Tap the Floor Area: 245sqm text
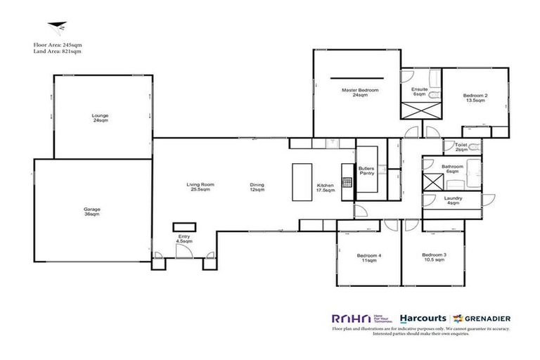(57, 44)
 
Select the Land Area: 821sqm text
(57, 51)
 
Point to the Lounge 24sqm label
(100, 117)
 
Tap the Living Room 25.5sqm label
(200, 187)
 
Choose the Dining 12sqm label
(257, 187)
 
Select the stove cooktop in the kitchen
(347, 182)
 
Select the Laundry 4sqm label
(454, 200)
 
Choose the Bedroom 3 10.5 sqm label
(434, 257)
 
